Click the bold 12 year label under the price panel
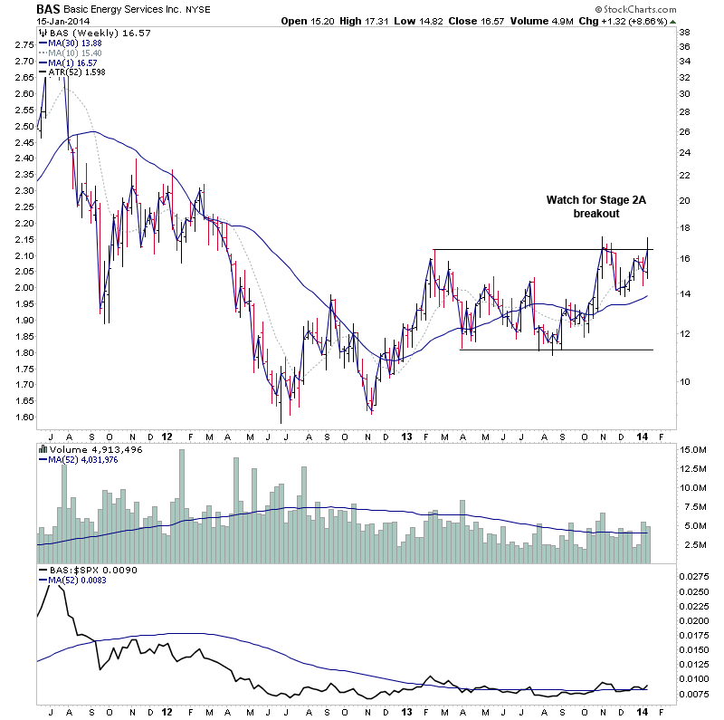coord(167,436)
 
